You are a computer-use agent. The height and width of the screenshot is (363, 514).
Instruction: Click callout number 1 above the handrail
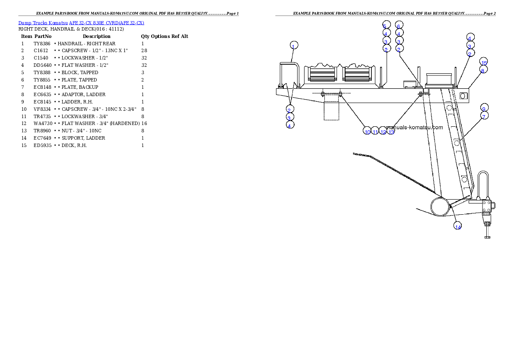click(293, 46)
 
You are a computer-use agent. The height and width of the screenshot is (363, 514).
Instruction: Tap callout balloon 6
click(399, 25)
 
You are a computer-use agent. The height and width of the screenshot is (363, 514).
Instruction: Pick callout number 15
click(484, 62)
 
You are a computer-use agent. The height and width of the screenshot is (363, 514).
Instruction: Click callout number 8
click(483, 70)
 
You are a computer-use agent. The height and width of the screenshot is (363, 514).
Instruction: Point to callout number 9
click(484, 108)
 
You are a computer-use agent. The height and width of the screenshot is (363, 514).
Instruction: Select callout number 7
click(484, 116)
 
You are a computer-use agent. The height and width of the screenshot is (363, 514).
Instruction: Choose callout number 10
click(367, 131)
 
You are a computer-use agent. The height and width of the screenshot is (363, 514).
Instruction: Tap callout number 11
click(375, 131)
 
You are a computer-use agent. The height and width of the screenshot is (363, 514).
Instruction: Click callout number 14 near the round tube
click(458, 226)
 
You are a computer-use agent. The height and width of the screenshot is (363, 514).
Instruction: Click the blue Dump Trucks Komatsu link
click(81, 23)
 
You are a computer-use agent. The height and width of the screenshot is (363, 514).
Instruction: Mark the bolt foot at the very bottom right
click(487, 237)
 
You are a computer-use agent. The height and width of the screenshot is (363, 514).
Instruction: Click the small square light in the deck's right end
click(463, 95)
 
